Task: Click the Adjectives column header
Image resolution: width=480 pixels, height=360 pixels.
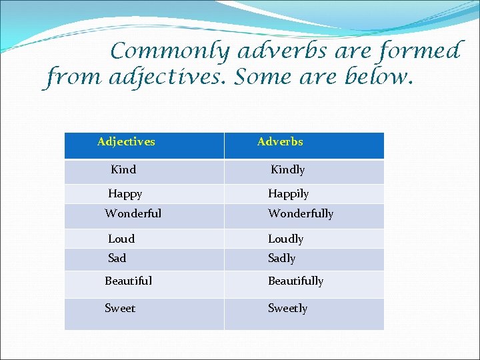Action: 126,141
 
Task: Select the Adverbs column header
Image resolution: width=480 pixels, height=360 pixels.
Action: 280,141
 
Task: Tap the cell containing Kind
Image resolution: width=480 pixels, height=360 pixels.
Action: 123,169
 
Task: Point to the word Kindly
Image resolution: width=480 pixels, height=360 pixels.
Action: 287,169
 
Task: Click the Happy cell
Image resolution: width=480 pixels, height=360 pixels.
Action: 125,194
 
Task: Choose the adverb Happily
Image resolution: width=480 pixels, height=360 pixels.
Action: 288,194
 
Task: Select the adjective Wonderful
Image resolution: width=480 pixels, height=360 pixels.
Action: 133,213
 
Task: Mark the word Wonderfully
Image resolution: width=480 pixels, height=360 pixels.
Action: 301,213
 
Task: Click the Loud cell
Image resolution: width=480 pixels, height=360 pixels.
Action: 121,239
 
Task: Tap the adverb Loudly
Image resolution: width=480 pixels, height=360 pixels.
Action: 285,239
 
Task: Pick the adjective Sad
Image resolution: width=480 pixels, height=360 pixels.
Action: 117,258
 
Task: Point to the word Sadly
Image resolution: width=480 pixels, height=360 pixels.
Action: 281,258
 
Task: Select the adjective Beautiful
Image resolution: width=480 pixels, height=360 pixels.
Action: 129,281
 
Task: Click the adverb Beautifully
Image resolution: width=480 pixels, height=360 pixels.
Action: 295,281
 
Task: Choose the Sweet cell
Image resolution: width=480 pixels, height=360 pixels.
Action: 120,308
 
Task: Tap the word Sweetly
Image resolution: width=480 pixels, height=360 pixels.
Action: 287,308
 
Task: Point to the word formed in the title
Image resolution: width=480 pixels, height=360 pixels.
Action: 424,51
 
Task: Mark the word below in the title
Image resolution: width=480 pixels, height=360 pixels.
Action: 379,78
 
